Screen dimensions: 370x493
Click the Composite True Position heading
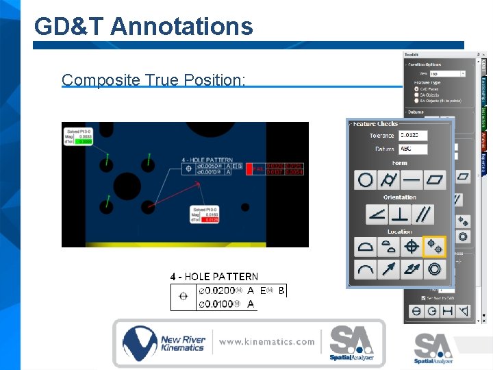pyautogui.click(x=153, y=79)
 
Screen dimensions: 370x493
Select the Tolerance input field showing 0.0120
pyautogui.click(x=413, y=136)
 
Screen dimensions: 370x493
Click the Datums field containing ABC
pyautogui.click(x=413, y=149)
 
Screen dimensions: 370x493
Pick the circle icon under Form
pyautogui.click(x=366, y=180)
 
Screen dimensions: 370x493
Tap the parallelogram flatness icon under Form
pyautogui.click(x=434, y=180)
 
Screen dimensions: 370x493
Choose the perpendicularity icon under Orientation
pyautogui.click(x=400, y=214)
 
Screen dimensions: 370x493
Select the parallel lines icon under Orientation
pyautogui.click(x=423, y=214)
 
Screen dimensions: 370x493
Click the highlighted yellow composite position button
pyautogui.click(x=434, y=247)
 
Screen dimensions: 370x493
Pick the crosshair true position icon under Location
pyautogui.click(x=412, y=247)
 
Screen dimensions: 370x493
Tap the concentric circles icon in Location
pyautogui.click(x=434, y=269)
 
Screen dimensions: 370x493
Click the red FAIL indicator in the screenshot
pyautogui.click(x=258, y=169)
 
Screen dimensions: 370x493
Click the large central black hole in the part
pyautogui.click(x=127, y=187)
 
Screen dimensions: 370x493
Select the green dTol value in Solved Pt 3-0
pyautogui.click(x=85, y=141)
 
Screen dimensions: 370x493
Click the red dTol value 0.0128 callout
pyautogui.click(x=211, y=220)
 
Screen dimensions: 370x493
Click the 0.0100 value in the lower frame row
pyautogui.click(x=215, y=303)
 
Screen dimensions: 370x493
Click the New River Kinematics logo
pyautogui.click(x=163, y=343)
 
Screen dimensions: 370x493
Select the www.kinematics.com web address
pyautogui.click(x=267, y=341)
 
